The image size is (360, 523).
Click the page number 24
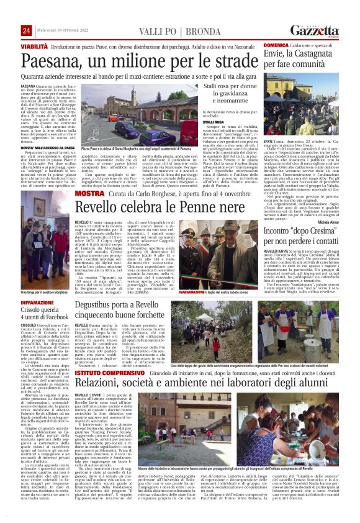(x=25, y=30)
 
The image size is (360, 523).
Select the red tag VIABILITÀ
(x=34, y=47)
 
